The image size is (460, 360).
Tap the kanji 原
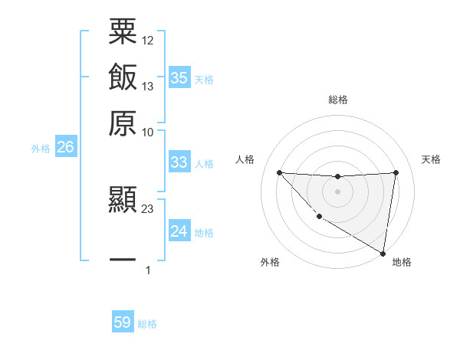coord(123,123)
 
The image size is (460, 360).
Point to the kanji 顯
coord(123,200)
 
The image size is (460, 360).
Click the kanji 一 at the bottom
coord(123,260)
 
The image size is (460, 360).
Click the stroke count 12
coord(148,40)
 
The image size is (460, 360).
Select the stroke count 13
coord(148,86)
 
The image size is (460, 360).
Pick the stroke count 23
coord(148,208)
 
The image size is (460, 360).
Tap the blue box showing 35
coord(179,77)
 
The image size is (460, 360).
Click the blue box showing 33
coord(179,162)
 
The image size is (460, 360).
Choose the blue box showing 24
coord(179,231)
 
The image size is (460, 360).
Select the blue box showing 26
coord(65,147)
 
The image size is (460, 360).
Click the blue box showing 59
coord(123,322)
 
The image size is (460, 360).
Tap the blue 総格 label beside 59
coord(147,324)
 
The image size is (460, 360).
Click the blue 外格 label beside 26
coord(41,149)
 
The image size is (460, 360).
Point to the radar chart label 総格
coord(338,100)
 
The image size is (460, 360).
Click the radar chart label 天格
coord(432,159)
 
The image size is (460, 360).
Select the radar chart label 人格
coord(245,159)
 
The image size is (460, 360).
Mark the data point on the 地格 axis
coord(383,253)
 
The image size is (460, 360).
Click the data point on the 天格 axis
coord(396,172)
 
